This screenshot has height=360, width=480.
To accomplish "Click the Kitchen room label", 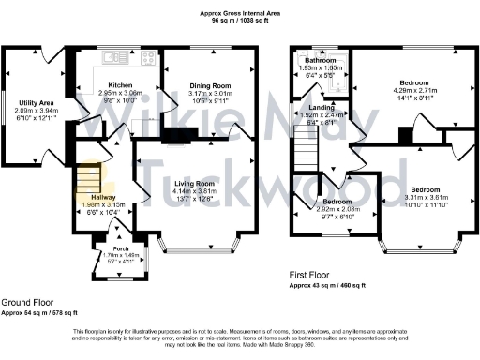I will (119, 85).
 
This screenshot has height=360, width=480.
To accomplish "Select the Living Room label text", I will (193, 184).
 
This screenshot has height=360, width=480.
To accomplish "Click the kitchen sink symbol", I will (117, 58).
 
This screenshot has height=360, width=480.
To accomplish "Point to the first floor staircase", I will (307, 148).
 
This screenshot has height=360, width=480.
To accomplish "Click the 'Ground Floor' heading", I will (24, 303).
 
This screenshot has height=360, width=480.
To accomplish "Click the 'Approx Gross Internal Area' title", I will (240, 12).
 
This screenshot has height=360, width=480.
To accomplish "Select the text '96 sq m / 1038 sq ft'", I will (240, 20).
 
